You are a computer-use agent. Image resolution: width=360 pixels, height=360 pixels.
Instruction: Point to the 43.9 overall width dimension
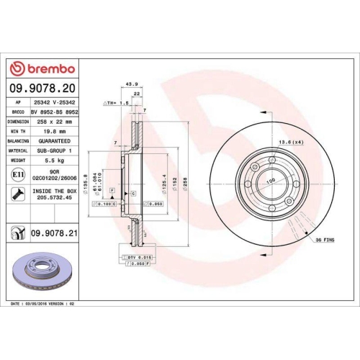(x=132, y=84)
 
